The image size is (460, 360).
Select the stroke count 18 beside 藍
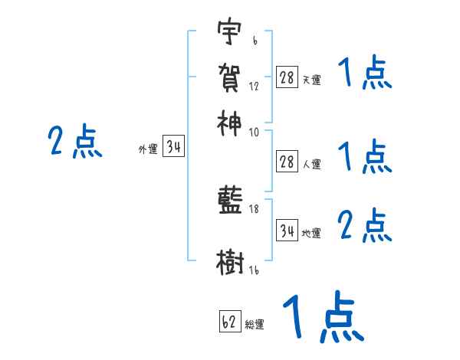pyautogui.click(x=255, y=209)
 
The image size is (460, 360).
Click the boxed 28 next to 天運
pyautogui.click(x=287, y=77)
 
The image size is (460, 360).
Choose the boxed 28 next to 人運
pyautogui.click(x=287, y=161)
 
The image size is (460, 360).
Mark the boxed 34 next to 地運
pyautogui.click(x=287, y=230)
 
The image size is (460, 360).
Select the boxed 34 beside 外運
pyautogui.click(x=174, y=148)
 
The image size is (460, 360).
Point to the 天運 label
pyautogui.click(x=312, y=80)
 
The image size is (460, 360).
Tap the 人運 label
pyautogui.click(x=312, y=163)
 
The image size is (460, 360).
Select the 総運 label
pyautogui.click(x=255, y=325)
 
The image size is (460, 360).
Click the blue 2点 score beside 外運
pyautogui.click(x=74, y=142)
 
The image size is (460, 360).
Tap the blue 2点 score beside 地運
pyautogui.click(x=365, y=227)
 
